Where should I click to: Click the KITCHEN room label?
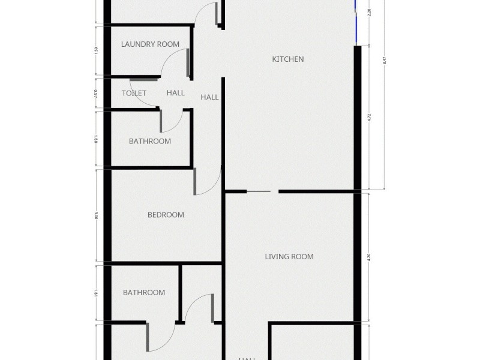point(288,59)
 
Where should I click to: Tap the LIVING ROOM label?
point(289,257)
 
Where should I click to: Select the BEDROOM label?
point(166,215)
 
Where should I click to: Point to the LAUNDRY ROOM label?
point(150,44)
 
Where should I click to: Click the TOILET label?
point(134,93)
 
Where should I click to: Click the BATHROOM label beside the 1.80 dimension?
point(150,142)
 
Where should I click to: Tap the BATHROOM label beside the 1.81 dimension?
point(144,293)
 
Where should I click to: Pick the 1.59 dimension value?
point(96,50)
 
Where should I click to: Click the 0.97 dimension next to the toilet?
point(96,93)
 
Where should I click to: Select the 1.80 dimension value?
point(96,139)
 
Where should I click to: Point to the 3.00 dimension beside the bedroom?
point(96,215)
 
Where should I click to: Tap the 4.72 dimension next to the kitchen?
point(370,118)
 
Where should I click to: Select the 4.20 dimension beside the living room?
point(370,257)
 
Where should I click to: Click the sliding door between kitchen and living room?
point(259,191)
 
